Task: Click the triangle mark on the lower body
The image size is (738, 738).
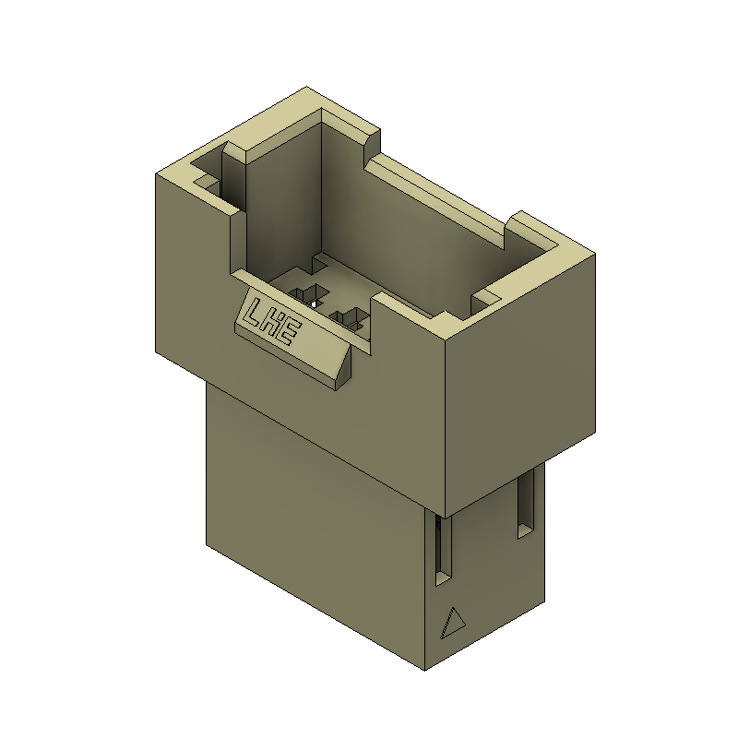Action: (x=453, y=624)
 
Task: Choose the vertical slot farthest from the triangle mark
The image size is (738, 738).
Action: (x=525, y=504)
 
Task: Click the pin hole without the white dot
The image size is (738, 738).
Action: (x=351, y=319)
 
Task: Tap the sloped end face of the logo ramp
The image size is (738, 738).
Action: (x=343, y=368)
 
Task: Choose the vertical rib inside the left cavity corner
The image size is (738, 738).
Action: (x=235, y=175)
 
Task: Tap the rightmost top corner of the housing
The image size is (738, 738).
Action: (x=596, y=255)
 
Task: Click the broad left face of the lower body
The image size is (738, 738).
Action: (x=304, y=517)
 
